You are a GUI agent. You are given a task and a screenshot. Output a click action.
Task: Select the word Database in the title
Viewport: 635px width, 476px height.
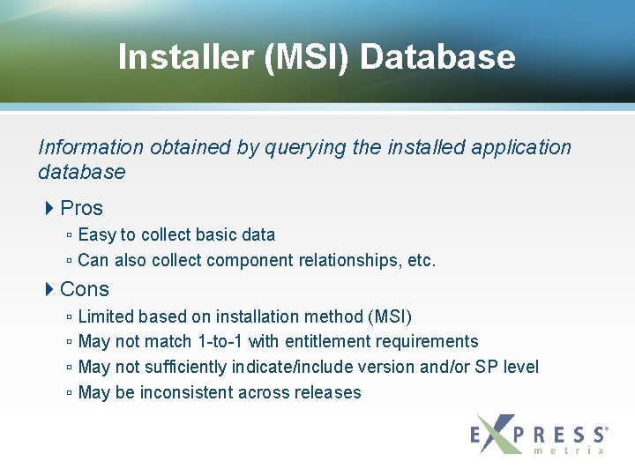[437, 57]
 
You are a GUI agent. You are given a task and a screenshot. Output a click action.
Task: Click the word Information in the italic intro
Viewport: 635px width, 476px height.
[91, 147]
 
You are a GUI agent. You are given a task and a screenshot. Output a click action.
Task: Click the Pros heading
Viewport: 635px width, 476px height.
[81, 208]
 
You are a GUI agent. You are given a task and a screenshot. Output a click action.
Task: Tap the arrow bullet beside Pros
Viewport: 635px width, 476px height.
[49, 208]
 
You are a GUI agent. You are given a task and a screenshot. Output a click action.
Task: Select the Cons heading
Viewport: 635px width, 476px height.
[85, 289]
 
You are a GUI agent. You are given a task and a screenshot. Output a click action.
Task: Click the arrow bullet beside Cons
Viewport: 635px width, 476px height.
[49, 289]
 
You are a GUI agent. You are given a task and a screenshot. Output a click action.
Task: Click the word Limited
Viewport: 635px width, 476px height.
[106, 316]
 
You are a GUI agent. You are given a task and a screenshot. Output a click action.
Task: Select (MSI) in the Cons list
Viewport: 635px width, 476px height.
[389, 316]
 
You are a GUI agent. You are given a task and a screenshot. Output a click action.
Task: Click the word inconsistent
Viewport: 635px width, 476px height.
[190, 392]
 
